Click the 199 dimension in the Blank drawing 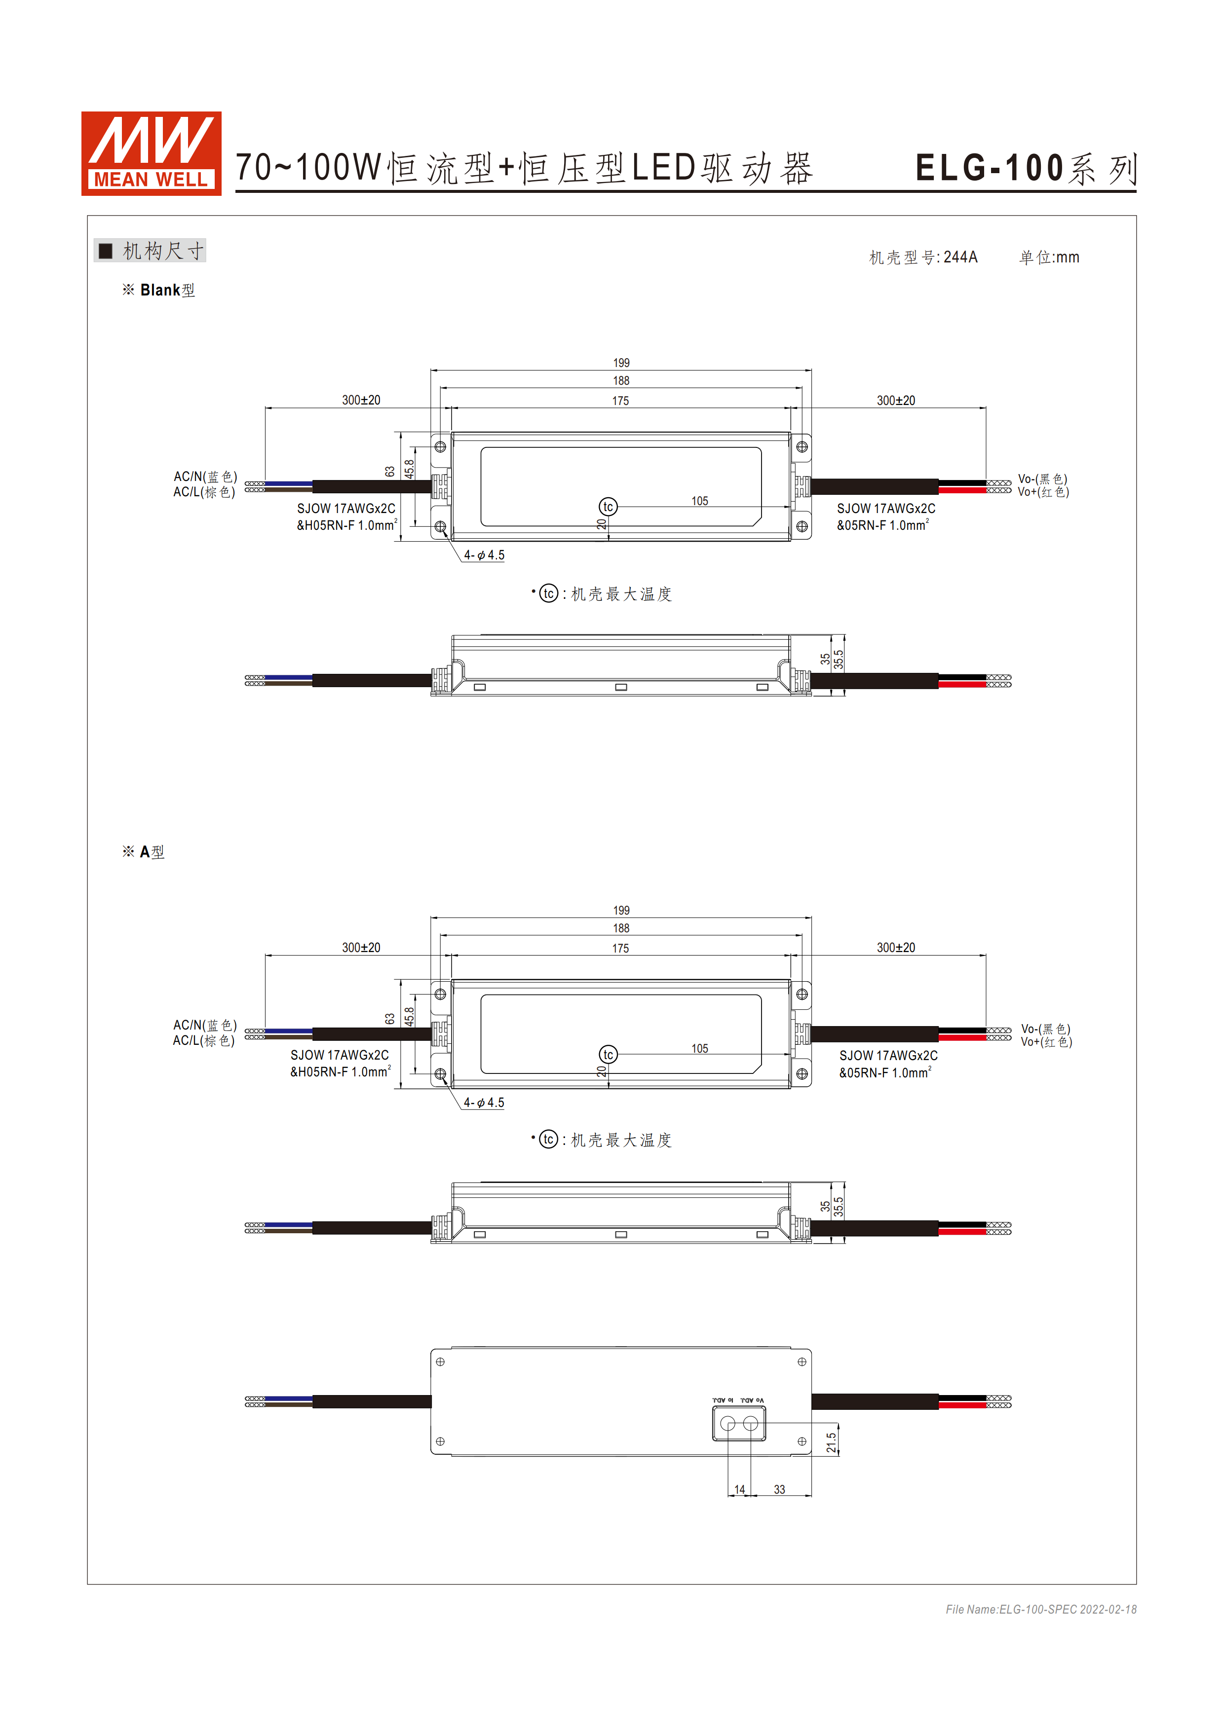621,363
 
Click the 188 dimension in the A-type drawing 621,928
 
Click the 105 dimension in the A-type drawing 699,1048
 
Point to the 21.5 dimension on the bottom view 831,1442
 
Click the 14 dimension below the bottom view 739,1490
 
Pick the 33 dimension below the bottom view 779,1490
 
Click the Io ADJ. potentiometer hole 728,1423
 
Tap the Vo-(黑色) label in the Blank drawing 1042,479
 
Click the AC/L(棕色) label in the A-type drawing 203,1040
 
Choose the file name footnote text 1041,1610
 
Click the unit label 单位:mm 1049,258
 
